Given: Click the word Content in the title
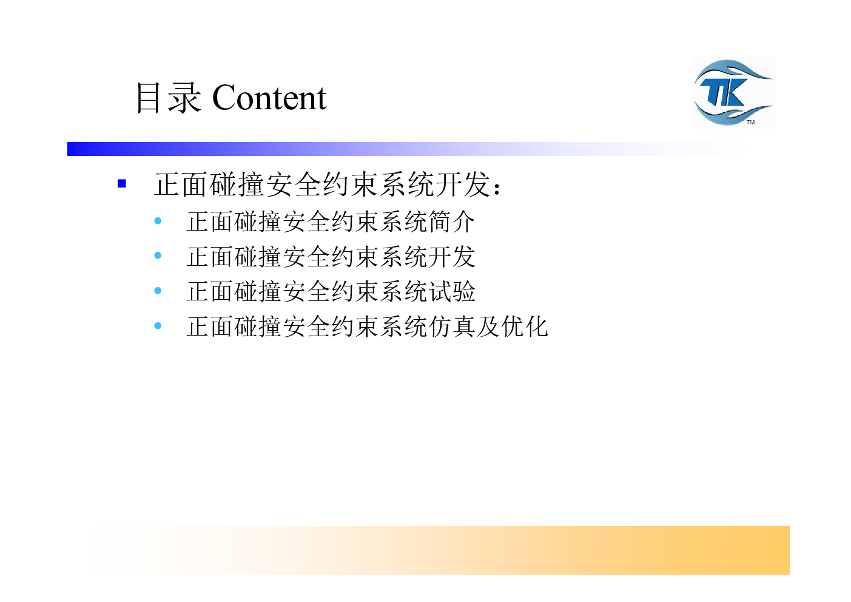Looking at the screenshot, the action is (x=269, y=98).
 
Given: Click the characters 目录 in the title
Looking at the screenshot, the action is (x=168, y=98).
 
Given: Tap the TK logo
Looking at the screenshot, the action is (x=733, y=92).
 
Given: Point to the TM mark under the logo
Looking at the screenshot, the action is (x=750, y=122).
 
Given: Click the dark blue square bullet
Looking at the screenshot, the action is (x=121, y=184).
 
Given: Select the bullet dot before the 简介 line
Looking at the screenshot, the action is (x=158, y=220).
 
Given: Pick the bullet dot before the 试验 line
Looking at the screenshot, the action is (x=158, y=291).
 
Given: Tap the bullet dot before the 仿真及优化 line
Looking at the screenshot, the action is (x=158, y=326).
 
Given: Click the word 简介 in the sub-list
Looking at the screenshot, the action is (x=451, y=222).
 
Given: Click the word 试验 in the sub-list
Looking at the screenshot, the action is (x=451, y=291).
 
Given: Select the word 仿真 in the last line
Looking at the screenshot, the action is (x=451, y=326).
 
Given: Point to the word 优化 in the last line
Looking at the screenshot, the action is (x=524, y=326).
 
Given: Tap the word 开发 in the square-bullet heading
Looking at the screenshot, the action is (x=463, y=184).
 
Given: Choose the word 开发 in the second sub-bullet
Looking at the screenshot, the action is (x=451, y=257).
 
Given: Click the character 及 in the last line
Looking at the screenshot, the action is (x=488, y=326).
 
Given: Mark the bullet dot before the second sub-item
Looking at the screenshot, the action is (x=158, y=255).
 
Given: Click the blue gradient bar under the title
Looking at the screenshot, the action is (x=406, y=149).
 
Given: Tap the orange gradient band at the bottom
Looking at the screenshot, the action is (x=441, y=550).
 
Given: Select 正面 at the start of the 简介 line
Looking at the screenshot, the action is (x=210, y=222).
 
